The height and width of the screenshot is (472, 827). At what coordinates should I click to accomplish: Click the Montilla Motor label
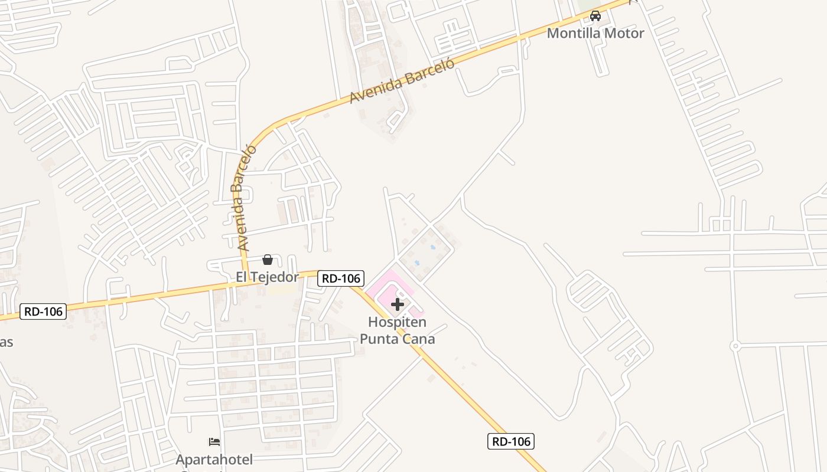pos(595,33)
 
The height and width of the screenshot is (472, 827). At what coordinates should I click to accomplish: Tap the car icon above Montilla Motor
pos(595,16)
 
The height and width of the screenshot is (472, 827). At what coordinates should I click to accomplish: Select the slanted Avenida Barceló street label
pos(403,81)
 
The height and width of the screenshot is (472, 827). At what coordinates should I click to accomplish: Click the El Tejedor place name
pos(267,277)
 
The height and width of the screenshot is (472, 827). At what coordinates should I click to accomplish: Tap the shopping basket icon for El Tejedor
pos(268,260)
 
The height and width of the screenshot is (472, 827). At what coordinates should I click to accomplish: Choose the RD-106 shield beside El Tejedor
pos(341,278)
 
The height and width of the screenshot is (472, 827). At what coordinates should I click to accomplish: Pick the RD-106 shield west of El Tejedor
pos(43,312)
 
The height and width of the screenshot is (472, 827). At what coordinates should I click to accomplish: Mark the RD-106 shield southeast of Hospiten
pos(511,441)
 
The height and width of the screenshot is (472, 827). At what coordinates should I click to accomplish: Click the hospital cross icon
pos(398,304)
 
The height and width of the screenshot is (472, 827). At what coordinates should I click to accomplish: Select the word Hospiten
pos(397,322)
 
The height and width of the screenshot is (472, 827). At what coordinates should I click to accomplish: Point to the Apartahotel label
pos(214,459)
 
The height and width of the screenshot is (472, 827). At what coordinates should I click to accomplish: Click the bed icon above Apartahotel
pos(214,441)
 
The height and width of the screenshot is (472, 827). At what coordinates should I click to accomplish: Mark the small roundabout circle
pos(735,346)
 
